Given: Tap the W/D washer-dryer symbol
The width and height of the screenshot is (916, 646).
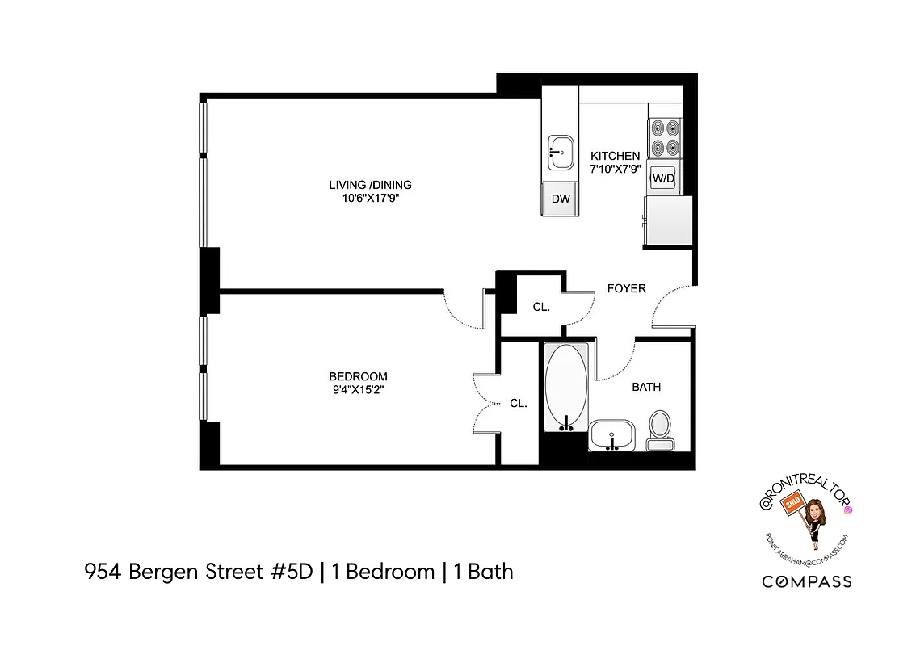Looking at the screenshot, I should click(x=663, y=178).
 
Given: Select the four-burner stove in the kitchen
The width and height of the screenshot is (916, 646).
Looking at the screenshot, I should click(x=666, y=138).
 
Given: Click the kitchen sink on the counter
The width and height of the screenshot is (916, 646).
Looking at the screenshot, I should click(x=559, y=153).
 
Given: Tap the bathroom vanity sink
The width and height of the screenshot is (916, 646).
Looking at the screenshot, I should click(x=613, y=437).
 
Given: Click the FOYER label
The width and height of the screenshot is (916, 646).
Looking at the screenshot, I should click(x=626, y=288).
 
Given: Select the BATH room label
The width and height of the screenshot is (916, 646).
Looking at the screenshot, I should click(x=646, y=387).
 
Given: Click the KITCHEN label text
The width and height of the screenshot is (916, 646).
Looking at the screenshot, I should click(x=615, y=156).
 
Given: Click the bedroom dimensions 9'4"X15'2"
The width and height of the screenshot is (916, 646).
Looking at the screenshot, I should click(x=358, y=389).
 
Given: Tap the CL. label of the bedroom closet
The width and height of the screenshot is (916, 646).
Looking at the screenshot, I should click(x=518, y=404).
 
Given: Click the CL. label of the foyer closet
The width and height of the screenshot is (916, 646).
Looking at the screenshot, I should click(x=541, y=307).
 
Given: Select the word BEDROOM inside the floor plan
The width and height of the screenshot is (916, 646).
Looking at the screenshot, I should click(x=358, y=376).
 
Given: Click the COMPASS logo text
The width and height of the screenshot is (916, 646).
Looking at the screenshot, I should click(x=807, y=581).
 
